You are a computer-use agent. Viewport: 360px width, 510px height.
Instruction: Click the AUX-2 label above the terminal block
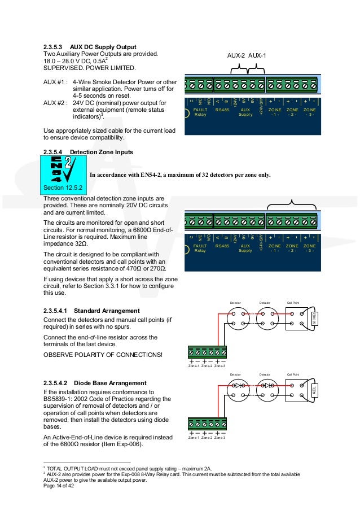tap(236, 56)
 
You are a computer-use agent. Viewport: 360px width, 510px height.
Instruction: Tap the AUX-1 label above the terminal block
tap(257, 56)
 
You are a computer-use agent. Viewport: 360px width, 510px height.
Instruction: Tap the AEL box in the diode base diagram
tap(315, 390)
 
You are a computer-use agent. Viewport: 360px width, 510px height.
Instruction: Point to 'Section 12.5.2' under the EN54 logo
tap(62, 186)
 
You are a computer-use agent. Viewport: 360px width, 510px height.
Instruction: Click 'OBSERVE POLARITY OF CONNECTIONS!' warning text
tap(103, 354)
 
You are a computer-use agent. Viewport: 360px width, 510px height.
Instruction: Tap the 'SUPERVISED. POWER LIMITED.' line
tap(90, 68)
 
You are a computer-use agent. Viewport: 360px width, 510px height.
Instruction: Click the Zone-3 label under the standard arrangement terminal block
tap(220, 366)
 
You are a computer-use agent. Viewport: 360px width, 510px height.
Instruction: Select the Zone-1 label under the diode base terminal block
tap(194, 438)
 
